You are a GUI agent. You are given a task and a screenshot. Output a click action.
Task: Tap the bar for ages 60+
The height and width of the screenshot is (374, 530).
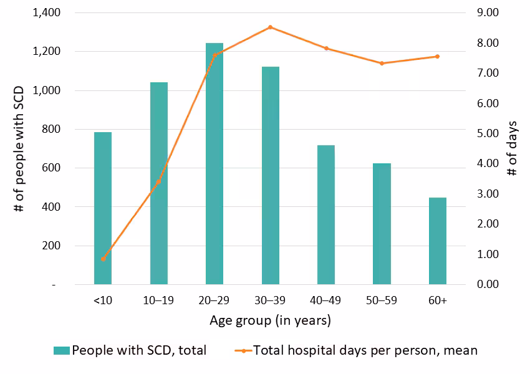[x=438, y=241]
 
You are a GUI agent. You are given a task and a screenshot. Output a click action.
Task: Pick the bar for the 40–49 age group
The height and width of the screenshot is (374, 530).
[x=326, y=214]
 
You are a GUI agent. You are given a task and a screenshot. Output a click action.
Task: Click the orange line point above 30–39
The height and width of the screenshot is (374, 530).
[x=270, y=27]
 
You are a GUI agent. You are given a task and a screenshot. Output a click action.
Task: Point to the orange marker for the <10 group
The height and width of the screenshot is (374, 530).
[x=103, y=259]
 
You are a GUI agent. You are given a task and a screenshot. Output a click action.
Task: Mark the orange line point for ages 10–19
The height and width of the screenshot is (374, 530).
[x=158, y=182]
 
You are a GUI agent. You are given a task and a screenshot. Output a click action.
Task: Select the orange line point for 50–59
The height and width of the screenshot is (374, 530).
[x=382, y=63]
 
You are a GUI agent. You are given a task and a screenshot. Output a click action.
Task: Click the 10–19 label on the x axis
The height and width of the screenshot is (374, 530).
[x=158, y=300]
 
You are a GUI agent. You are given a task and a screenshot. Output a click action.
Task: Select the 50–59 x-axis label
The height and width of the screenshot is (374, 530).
[x=382, y=300]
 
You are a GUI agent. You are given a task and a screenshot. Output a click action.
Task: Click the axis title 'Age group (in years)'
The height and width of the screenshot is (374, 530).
[x=270, y=321]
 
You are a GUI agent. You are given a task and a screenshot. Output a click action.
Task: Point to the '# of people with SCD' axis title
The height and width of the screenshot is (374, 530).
[x=19, y=148]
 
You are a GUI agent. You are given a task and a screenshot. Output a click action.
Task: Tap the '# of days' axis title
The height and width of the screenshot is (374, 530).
[x=512, y=148]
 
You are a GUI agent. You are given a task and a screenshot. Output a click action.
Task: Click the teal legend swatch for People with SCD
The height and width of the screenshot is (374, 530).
[x=62, y=350]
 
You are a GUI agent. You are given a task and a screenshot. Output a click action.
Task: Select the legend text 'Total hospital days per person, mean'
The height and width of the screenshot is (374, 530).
[x=365, y=350]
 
